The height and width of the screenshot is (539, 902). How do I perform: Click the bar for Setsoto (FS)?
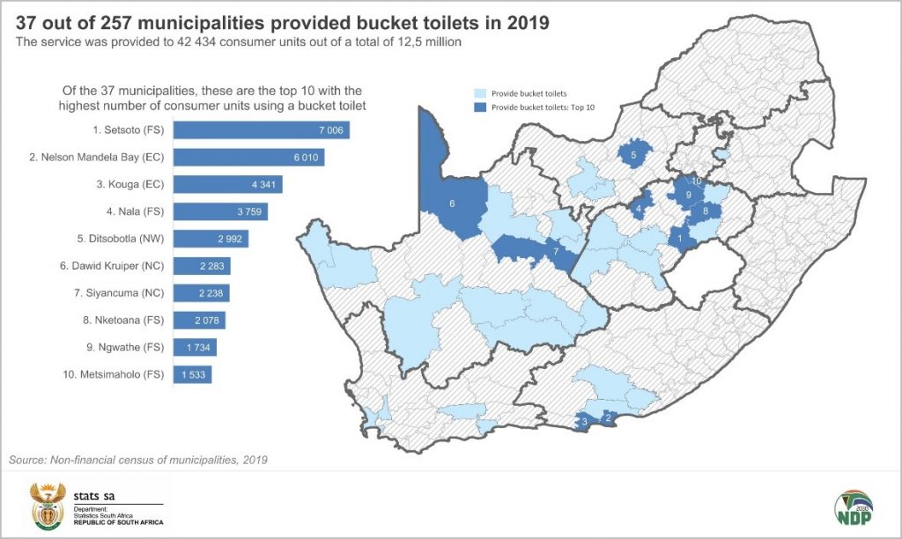262,130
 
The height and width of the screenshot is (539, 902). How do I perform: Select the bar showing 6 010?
249,158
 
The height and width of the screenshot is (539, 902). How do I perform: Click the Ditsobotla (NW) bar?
211,239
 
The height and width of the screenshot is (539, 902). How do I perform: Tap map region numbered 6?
452,203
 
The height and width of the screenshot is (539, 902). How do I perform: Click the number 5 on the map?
633,156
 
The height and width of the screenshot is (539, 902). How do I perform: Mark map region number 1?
679,236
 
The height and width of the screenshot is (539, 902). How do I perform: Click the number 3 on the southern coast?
584,423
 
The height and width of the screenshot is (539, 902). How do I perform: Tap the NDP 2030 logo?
853,510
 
